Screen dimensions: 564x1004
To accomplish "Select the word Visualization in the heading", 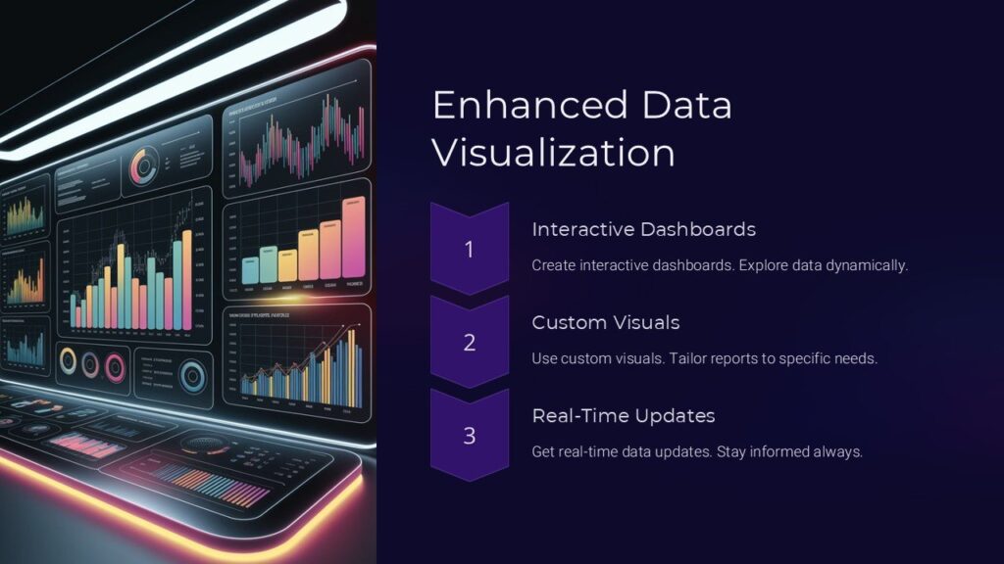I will click(x=554, y=155).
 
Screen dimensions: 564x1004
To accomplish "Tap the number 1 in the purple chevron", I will click(x=469, y=250).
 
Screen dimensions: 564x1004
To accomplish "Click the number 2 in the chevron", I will click(x=469, y=343).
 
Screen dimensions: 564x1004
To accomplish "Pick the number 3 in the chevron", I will click(x=469, y=436).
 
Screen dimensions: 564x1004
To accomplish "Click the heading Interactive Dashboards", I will click(x=643, y=229).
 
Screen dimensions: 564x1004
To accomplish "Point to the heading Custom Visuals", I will click(x=605, y=322).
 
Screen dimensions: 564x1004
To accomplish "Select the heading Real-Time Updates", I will click(x=623, y=415).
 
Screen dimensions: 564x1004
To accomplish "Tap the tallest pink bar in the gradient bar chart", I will click(x=354, y=238).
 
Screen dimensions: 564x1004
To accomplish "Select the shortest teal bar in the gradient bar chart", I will click(x=249, y=270).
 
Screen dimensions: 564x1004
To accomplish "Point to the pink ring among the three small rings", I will click(x=91, y=364).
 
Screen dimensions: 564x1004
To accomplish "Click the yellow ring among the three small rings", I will click(x=69, y=360).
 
